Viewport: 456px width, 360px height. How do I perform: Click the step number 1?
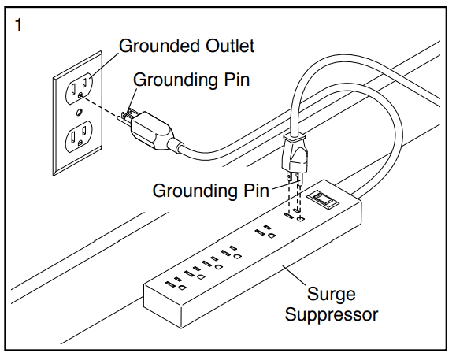[18, 25]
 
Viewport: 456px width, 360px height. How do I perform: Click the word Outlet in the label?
[230, 46]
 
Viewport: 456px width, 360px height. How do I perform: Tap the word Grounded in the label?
[160, 46]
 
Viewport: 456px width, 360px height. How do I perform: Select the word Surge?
[332, 295]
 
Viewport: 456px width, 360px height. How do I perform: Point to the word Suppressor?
[332, 315]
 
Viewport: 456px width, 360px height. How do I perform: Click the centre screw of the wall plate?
[79, 112]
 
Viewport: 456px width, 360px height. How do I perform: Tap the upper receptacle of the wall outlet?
[80, 87]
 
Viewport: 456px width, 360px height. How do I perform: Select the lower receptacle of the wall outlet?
[79, 136]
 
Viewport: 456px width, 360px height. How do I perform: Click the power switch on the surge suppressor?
[323, 200]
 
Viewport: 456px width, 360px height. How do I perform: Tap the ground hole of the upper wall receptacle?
[80, 95]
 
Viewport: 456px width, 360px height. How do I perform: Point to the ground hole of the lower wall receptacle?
[80, 143]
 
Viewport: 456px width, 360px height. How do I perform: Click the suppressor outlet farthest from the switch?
[176, 284]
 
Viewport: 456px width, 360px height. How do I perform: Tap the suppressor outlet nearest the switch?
[294, 217]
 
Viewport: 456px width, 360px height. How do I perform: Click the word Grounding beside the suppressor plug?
[195, 191]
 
